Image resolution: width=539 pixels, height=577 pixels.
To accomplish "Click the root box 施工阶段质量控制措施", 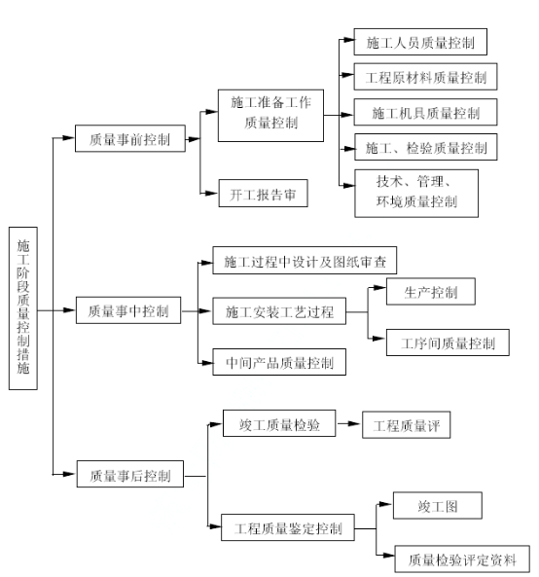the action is (x=22, y=308).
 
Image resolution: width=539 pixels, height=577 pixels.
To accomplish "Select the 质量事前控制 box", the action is (x=130, y=138).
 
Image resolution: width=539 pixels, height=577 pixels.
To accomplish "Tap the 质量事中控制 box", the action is (x=128, y=310).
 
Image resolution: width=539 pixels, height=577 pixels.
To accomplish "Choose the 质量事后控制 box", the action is (x=129, y=474).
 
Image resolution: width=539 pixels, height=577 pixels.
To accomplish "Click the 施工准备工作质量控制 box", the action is (x=270, y=115).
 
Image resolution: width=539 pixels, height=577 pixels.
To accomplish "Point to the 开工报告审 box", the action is (x=263, y=194).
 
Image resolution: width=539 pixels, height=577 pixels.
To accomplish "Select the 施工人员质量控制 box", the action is (x=420, y=42).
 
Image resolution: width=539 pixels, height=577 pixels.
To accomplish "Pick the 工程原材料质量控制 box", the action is (x=425, y=77).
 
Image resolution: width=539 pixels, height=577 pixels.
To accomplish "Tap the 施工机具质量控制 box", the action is (x=425, y=112).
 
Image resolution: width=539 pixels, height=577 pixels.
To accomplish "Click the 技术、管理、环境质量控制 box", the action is (x=416, y=194).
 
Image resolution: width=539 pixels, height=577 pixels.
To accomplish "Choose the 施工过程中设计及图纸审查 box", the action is (x=305, y=260).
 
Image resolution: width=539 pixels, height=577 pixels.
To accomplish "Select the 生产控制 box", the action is (x=430, y=292).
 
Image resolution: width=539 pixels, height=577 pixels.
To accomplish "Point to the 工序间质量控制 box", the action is (x=448, y=343).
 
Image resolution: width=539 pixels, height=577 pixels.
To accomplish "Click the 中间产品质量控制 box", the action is (x=279, y=362).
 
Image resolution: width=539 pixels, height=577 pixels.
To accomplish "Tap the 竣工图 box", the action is (x=438, y=505).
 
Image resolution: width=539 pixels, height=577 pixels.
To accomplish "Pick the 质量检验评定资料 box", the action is (x=462, y=559).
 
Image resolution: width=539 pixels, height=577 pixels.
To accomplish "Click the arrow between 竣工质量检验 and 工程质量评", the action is (x=348, y=423).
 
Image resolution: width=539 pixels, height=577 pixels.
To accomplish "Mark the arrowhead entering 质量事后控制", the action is (x=69, y=474).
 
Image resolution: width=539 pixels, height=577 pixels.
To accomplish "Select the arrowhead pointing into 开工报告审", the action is (x=211, y=193).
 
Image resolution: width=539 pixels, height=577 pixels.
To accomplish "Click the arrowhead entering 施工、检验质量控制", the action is (x=348, y=149).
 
